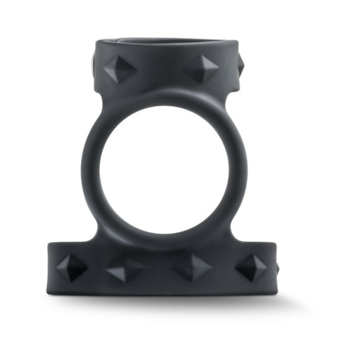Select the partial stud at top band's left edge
[97, 62]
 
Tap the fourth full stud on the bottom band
[250, 267]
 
